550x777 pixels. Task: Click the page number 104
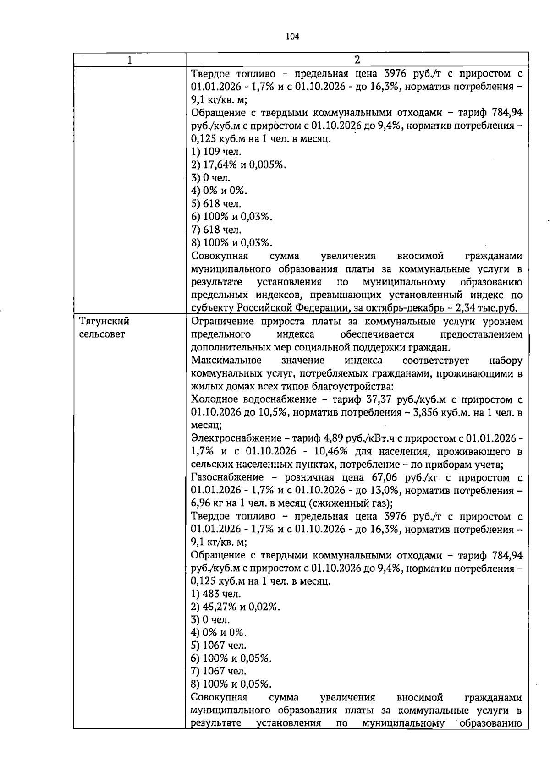292,37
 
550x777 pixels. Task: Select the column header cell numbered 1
130,60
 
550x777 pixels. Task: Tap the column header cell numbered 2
357,60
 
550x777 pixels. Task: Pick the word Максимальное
226,360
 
